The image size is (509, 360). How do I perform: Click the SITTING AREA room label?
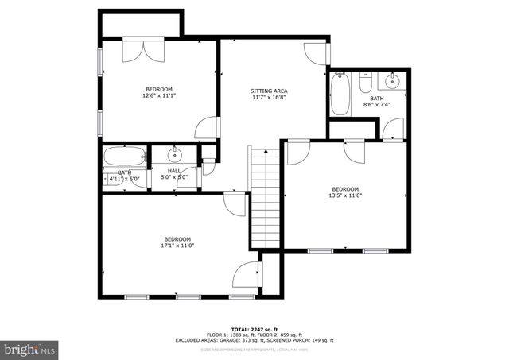(268, 91)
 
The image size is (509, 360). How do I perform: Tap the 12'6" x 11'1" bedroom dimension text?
(158, 96)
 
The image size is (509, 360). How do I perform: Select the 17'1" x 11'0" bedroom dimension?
(177, 246)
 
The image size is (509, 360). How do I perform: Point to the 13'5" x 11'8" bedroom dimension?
(345, 195)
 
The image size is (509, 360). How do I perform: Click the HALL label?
(173, 171)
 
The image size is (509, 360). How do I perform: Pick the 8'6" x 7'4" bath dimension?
(377, 104)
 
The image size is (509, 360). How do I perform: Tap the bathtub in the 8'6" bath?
(340, 93)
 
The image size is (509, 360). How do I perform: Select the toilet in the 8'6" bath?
(365, 83)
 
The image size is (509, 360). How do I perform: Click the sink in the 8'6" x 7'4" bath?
(391, 80)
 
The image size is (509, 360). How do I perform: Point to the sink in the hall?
(175, 154)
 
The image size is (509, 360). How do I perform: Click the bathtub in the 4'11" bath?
(123, 156)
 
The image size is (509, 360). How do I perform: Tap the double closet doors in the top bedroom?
(143, 50)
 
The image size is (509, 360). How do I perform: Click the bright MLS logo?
(30, 348)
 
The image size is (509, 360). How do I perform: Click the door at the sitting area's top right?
(317, 52)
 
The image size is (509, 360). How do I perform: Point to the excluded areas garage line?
(254, 340)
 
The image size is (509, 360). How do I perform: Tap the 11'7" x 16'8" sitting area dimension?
(268, 98)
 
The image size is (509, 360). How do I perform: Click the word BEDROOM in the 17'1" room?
(177, 239)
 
